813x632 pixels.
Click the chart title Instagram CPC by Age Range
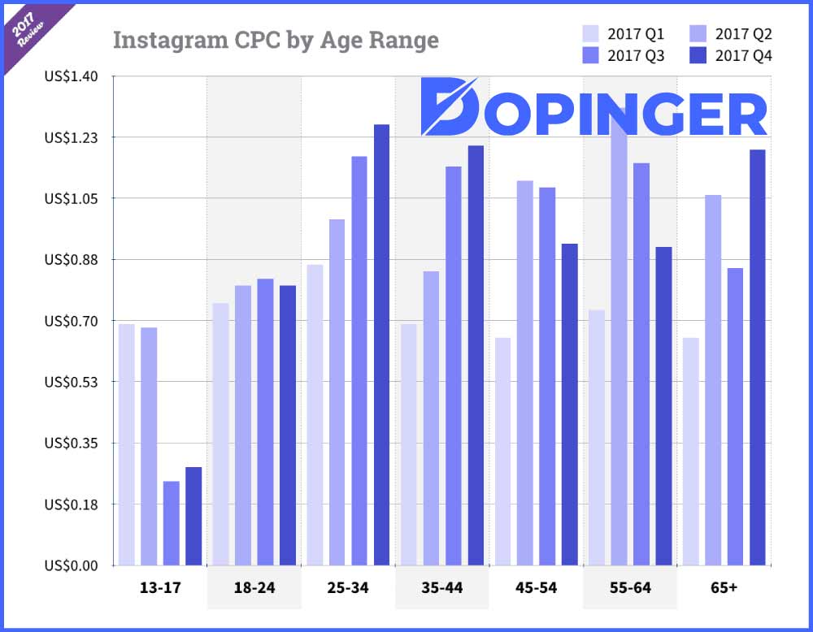coord(275,40)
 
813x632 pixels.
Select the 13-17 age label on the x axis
coord(160,587)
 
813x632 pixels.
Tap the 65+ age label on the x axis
coord(724,587)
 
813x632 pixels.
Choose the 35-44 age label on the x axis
coord(441,587)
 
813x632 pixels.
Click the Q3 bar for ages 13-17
coord(171,523)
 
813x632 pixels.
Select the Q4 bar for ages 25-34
coord(381,344)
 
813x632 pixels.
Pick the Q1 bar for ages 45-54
coord(502,451)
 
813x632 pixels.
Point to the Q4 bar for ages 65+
coord(758,357)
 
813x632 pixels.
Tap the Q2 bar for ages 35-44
coord(431,418)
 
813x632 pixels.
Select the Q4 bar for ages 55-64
coord(663,405)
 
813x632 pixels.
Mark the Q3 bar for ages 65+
coord(735,416)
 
